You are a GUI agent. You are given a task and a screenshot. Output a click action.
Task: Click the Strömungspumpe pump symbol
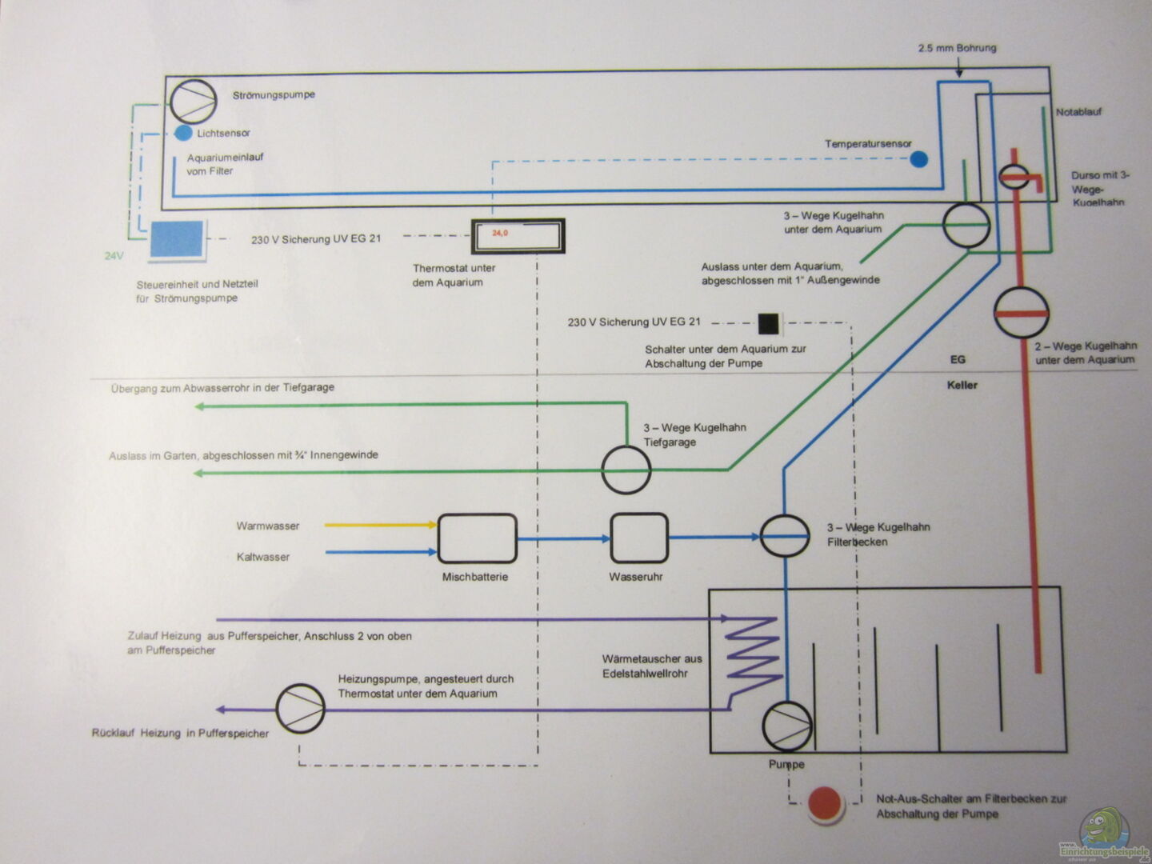tap(193, 102)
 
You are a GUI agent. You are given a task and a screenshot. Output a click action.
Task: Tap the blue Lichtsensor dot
tap(183, 133)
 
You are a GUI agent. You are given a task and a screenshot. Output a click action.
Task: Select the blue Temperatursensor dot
tap(918, 159)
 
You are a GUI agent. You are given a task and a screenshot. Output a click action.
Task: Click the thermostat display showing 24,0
tap(518, 236)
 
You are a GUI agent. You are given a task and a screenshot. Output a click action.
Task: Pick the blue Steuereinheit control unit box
tap(177, 239)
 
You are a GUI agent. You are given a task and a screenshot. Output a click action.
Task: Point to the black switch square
tap(768, 323)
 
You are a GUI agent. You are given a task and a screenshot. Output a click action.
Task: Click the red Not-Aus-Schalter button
tap(825, 804)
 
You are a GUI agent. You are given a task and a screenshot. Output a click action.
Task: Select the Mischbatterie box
tap(477, 539)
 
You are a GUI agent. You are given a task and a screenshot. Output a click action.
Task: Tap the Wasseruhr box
tap(638, 538)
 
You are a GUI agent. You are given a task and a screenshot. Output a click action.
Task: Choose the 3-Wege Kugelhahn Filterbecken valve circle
tap(784, 536)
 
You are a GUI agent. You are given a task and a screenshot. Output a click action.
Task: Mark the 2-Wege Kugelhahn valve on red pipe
tap(1021, 313)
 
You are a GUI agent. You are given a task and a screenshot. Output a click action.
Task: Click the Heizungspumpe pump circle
tap(300, 708)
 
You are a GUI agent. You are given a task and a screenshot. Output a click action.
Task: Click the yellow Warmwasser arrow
tap(380, 526)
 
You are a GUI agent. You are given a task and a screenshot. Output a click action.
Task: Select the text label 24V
tap(114, 256)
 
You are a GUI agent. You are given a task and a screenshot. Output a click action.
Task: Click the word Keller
tap(962, 385)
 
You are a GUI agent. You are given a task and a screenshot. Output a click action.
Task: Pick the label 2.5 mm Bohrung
tap(957, 48)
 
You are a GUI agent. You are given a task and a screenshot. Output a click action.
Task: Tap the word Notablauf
tap(1078, 112)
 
